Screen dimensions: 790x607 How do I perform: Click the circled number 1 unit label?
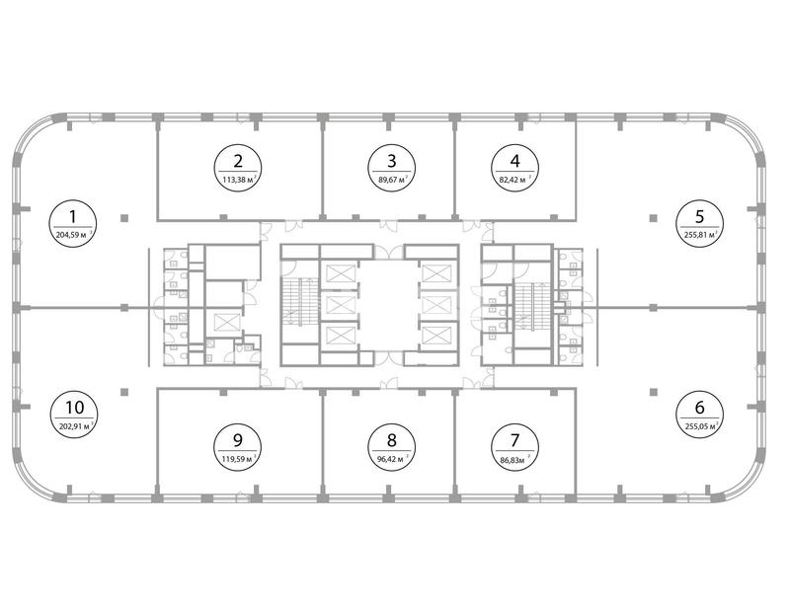pos(73,223)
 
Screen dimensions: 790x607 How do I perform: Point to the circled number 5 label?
pos(699,223)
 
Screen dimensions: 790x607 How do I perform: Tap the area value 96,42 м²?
pos(393,459)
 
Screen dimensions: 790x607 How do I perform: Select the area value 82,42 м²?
pos(515,180)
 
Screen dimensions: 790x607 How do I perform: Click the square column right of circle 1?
pos(124,218)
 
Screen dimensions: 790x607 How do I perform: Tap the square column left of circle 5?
pos(653,218)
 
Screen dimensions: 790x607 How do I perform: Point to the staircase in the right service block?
pos(532,307)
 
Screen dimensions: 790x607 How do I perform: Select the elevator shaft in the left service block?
pos(224,322)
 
